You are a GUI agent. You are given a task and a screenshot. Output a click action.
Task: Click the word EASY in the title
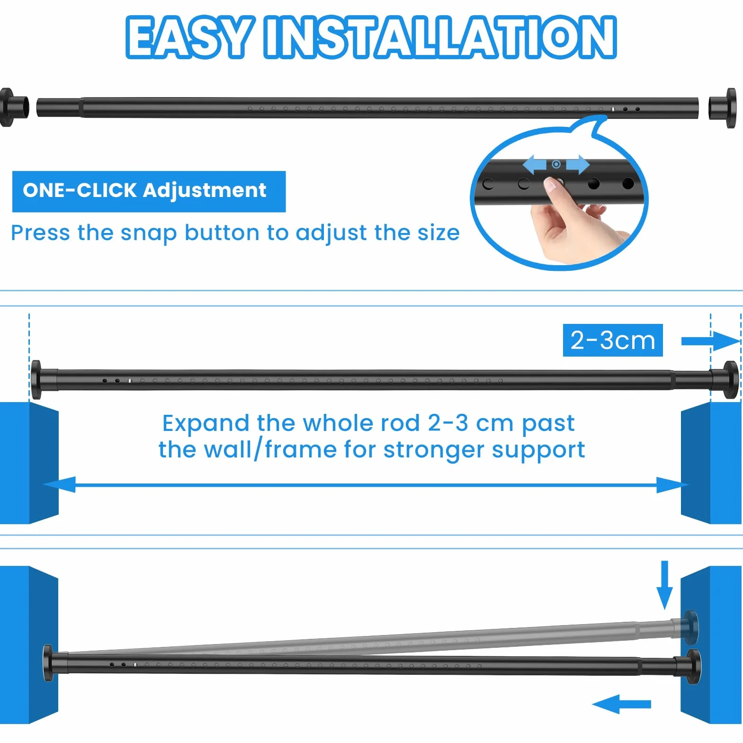188,37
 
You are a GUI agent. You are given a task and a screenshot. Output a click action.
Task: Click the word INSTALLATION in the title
440,37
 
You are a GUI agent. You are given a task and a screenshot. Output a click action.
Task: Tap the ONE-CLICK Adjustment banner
149,191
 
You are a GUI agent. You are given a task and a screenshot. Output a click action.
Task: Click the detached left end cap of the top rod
14,107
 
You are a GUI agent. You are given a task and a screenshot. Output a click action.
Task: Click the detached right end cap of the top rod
723,108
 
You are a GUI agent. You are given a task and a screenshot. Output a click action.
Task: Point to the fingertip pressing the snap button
551,184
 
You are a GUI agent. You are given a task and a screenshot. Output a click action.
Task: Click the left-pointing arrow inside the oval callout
535,165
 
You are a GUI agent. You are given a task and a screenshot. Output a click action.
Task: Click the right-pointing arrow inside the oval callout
578,165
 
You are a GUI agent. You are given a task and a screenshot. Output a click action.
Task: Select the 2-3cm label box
613,340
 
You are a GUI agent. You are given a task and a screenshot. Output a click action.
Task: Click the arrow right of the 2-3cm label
710,341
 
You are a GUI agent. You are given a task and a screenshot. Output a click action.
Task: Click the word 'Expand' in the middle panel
206,424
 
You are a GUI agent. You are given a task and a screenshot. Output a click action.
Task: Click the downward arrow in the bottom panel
665,585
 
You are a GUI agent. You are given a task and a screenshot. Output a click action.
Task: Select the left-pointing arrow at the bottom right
621,704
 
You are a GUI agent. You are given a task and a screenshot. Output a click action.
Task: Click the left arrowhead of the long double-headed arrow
59,484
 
